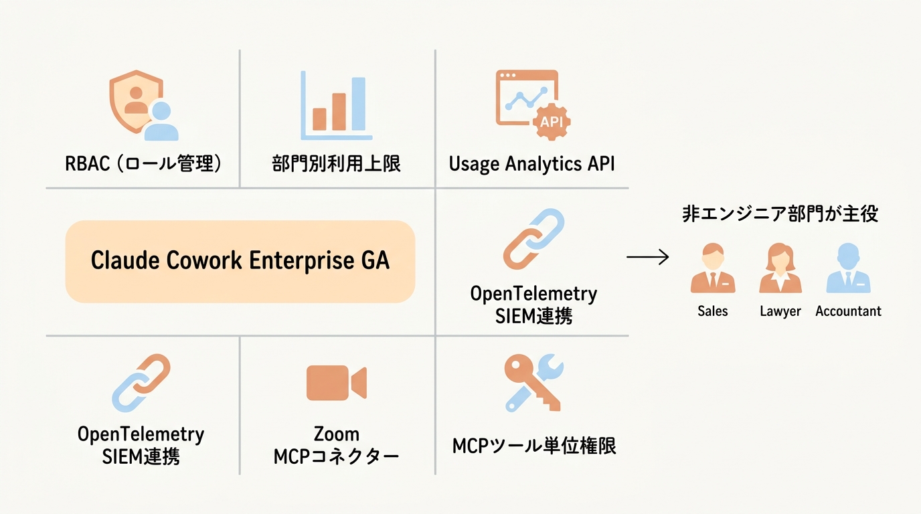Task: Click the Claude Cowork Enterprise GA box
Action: point(240,261)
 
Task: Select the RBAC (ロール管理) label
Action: point(143,163)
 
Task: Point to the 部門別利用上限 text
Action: point(336,163)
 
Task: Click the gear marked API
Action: point(551,121)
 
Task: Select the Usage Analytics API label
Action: point(531,163)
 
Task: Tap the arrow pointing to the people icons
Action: point(647,257)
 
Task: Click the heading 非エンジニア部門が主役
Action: point(780,213)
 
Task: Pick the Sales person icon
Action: point(712,269)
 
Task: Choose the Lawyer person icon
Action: point(780,269)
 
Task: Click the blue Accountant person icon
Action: point(848,269)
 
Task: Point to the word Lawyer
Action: point(780,311)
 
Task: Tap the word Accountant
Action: point(848,311)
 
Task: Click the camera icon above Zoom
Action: point(336,382)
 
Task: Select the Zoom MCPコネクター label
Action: point(336,445)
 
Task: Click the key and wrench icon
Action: point(533,382)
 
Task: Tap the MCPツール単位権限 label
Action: point(533,446)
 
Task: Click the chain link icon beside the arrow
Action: point(533,239)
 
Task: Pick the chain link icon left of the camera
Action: point(141,382)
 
